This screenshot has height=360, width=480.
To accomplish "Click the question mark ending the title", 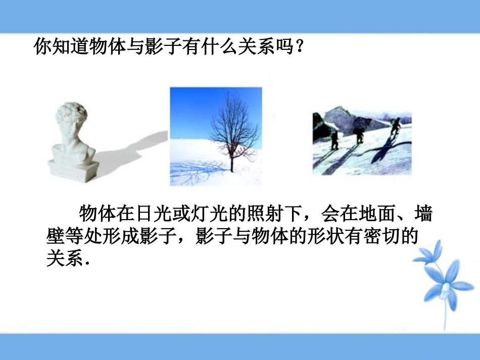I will coord(301,47).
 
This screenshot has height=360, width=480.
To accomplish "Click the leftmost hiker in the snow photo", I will coord(334,139).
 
